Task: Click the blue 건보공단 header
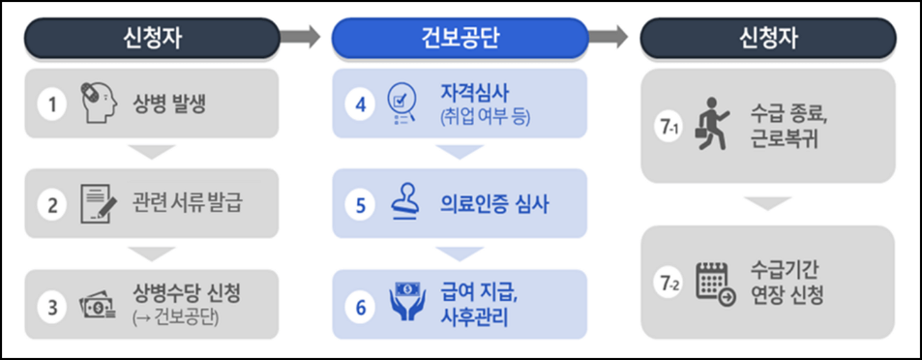(461, 38)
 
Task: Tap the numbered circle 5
(361, 204)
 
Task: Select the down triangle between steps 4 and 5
(461, 152)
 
